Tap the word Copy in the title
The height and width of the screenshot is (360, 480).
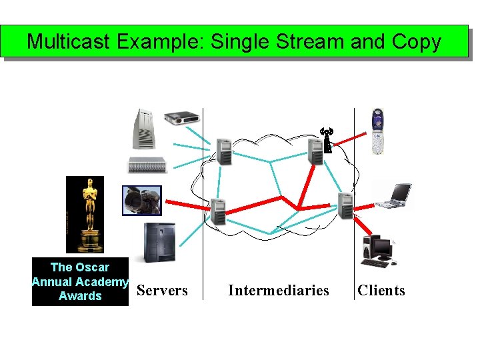[x=416, y=42]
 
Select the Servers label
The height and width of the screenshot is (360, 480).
[x=162, y=291]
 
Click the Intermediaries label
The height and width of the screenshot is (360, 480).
[x=278, y=291]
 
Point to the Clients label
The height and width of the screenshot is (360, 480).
[x=381, y=291]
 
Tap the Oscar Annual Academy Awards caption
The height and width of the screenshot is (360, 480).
[x=80, y=281]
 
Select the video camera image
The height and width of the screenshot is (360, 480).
[x=141, y=200]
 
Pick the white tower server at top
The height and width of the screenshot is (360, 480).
[x=145, y=129]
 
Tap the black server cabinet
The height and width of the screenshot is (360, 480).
[x=159, y=243]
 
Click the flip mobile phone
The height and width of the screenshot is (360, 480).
[x=378, y=131]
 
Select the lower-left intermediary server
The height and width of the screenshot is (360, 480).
[x=218, y=211]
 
